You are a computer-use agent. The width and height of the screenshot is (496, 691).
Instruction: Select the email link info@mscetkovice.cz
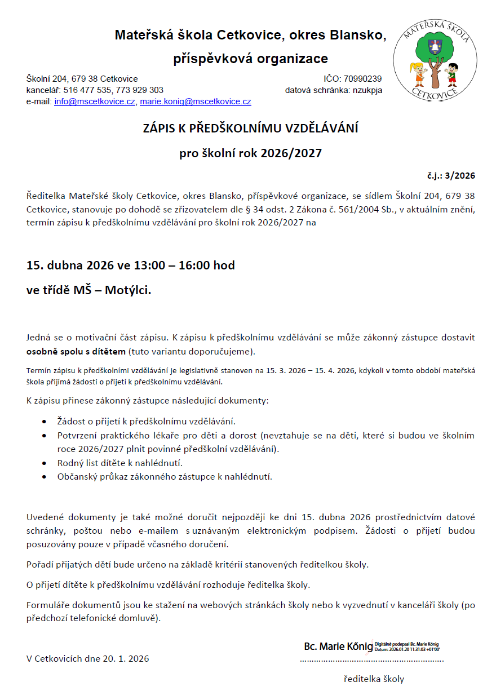[95, 102]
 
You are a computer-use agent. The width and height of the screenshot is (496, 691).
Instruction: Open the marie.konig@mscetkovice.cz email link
[196, 102]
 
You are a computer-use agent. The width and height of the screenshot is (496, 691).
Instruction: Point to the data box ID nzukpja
[367, 90]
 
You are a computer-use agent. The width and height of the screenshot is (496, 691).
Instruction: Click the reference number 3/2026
[460, 175]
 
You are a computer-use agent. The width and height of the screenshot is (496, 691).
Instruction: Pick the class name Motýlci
[130, 291]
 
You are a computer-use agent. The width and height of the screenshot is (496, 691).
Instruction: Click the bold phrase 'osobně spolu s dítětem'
[76, 352]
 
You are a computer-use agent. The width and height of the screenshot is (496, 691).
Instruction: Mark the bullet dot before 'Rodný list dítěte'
[45, 463]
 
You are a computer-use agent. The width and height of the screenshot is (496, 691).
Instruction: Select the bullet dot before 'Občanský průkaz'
[45, 477]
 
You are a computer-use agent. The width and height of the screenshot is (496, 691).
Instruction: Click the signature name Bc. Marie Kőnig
[338, 646]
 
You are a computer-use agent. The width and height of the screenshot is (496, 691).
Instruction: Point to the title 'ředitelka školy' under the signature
[374, 679]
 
